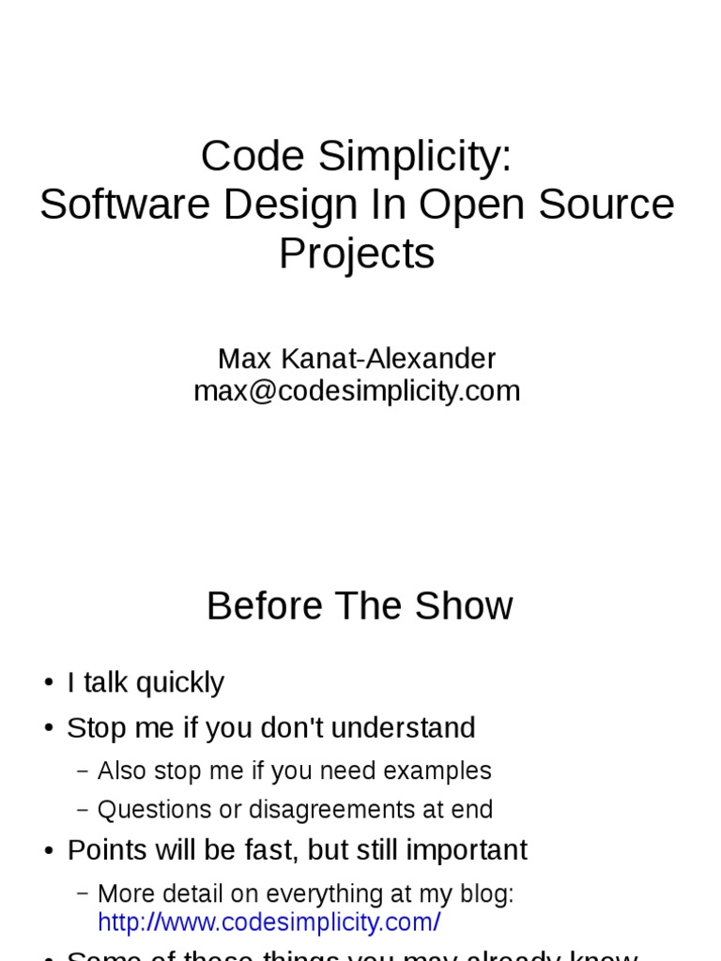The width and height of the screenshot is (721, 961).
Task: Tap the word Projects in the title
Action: pyautogui.click(x=357, y=253)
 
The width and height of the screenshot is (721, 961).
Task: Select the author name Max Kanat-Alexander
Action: pyautogui.click(x=357, y=358)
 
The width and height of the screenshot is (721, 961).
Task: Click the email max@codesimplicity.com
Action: pyautogui.click(x=357, y=390)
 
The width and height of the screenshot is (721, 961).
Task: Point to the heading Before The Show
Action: pyautogui.click(x=360, y=606)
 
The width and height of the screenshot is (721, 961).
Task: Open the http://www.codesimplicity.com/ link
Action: pyautogui.click(x=268, y=923)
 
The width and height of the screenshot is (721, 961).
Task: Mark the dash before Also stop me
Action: pyautogui.click(x=83, y=771)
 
